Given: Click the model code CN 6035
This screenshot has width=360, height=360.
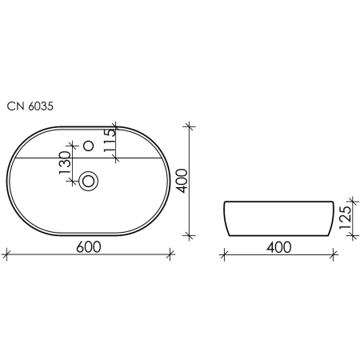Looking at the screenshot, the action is [x=30, y=106].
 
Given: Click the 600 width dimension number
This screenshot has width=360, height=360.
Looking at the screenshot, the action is [x=89, y=247].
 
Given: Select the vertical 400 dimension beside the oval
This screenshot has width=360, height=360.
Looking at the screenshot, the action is [x=183, y=181].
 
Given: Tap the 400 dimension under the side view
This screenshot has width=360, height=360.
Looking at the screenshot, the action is [x=279, y=247].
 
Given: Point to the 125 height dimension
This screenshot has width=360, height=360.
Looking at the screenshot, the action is [x=346, y=218].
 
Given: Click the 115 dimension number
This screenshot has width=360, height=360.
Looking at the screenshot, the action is [x=110, y=141].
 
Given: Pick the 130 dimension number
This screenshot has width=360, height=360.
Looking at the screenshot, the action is [x=65, y=162].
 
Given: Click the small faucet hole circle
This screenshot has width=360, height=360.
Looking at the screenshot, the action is [x=89, y=146].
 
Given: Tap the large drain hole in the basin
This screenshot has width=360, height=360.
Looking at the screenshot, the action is [x=89, y=181].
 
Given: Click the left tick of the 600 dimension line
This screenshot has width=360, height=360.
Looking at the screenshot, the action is [x=6, y=254].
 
